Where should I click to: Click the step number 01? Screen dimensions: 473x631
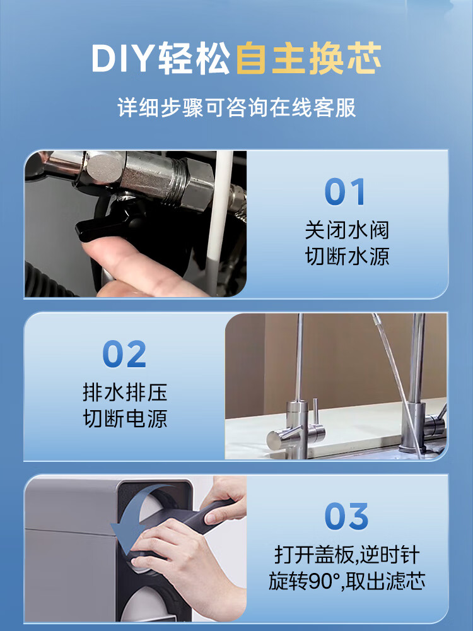tap(346, 192)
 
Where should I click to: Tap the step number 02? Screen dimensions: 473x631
tap(124, 354)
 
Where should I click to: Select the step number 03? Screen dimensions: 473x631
tap(346, 516)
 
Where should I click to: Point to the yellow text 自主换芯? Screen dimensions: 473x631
tap(308, 58)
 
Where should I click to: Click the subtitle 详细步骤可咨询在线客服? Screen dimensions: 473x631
tap(237, 107)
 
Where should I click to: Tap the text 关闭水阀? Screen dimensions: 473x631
tap(347, 230)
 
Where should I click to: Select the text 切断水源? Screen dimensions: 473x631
tap(347, 256)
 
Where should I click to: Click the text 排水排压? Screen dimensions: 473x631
tap(125, 392)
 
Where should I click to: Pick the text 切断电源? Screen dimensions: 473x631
tap(125, 418)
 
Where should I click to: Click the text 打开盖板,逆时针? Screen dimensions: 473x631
tap(347, 555)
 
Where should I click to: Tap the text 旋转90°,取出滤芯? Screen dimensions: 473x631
tap(347, 581)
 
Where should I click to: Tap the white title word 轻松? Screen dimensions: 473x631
tap(194, 59)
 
